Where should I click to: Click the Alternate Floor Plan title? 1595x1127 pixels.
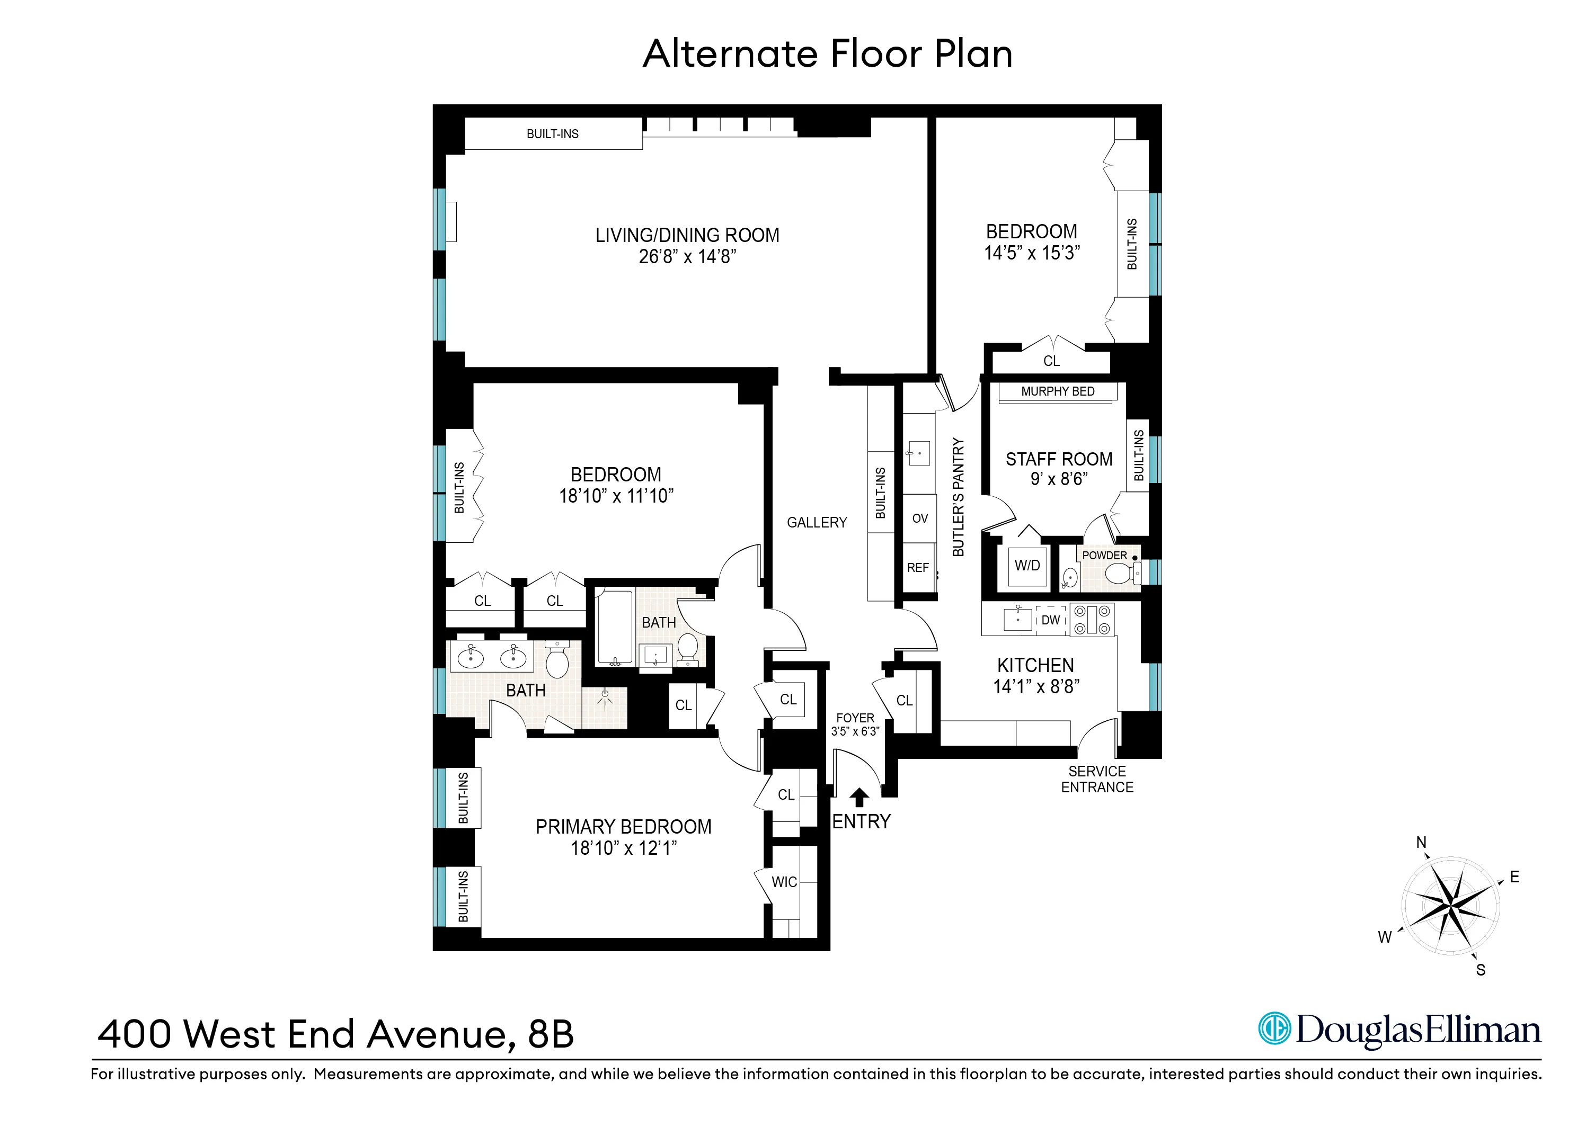pyautogui.click(x=827, y=53)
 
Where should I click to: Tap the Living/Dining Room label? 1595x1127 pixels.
pyautogui.click(x=687, y=235)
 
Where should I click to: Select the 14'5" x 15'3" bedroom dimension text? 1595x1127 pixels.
pyautogui.click(x=1032, y=254)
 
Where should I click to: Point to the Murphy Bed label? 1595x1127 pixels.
pyautogui.click(x=1057, y=391)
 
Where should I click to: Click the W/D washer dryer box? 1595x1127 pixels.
pyautogui.click(x=1027, y=566)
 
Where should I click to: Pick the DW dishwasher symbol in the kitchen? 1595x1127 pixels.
pyautogui.click(x=1051, y=620)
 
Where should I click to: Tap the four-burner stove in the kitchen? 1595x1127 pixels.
pyautogui.click(x=1092, y=620)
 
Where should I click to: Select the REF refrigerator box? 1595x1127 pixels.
pyautogui.click(x=918, y=568)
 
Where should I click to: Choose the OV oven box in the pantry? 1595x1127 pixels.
pyautogui.click(x=920, y=518)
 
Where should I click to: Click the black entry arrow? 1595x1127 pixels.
pyautogui.click(x=859, y=797)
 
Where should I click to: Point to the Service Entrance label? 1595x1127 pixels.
pyautogui.click(x=1097, y=779)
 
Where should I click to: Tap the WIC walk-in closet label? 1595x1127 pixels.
pyautogui.click(x=784, y=882)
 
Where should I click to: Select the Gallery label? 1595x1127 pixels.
pyautogui.click(x=817, y=522)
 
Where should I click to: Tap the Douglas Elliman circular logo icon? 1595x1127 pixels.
pyautogui.click(x=1275, y=1029)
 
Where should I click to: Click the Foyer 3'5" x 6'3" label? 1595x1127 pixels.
pyautogui.click(x=855, y=724)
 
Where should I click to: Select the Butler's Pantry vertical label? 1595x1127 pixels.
pyautogui.click(x=958, y=497)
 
